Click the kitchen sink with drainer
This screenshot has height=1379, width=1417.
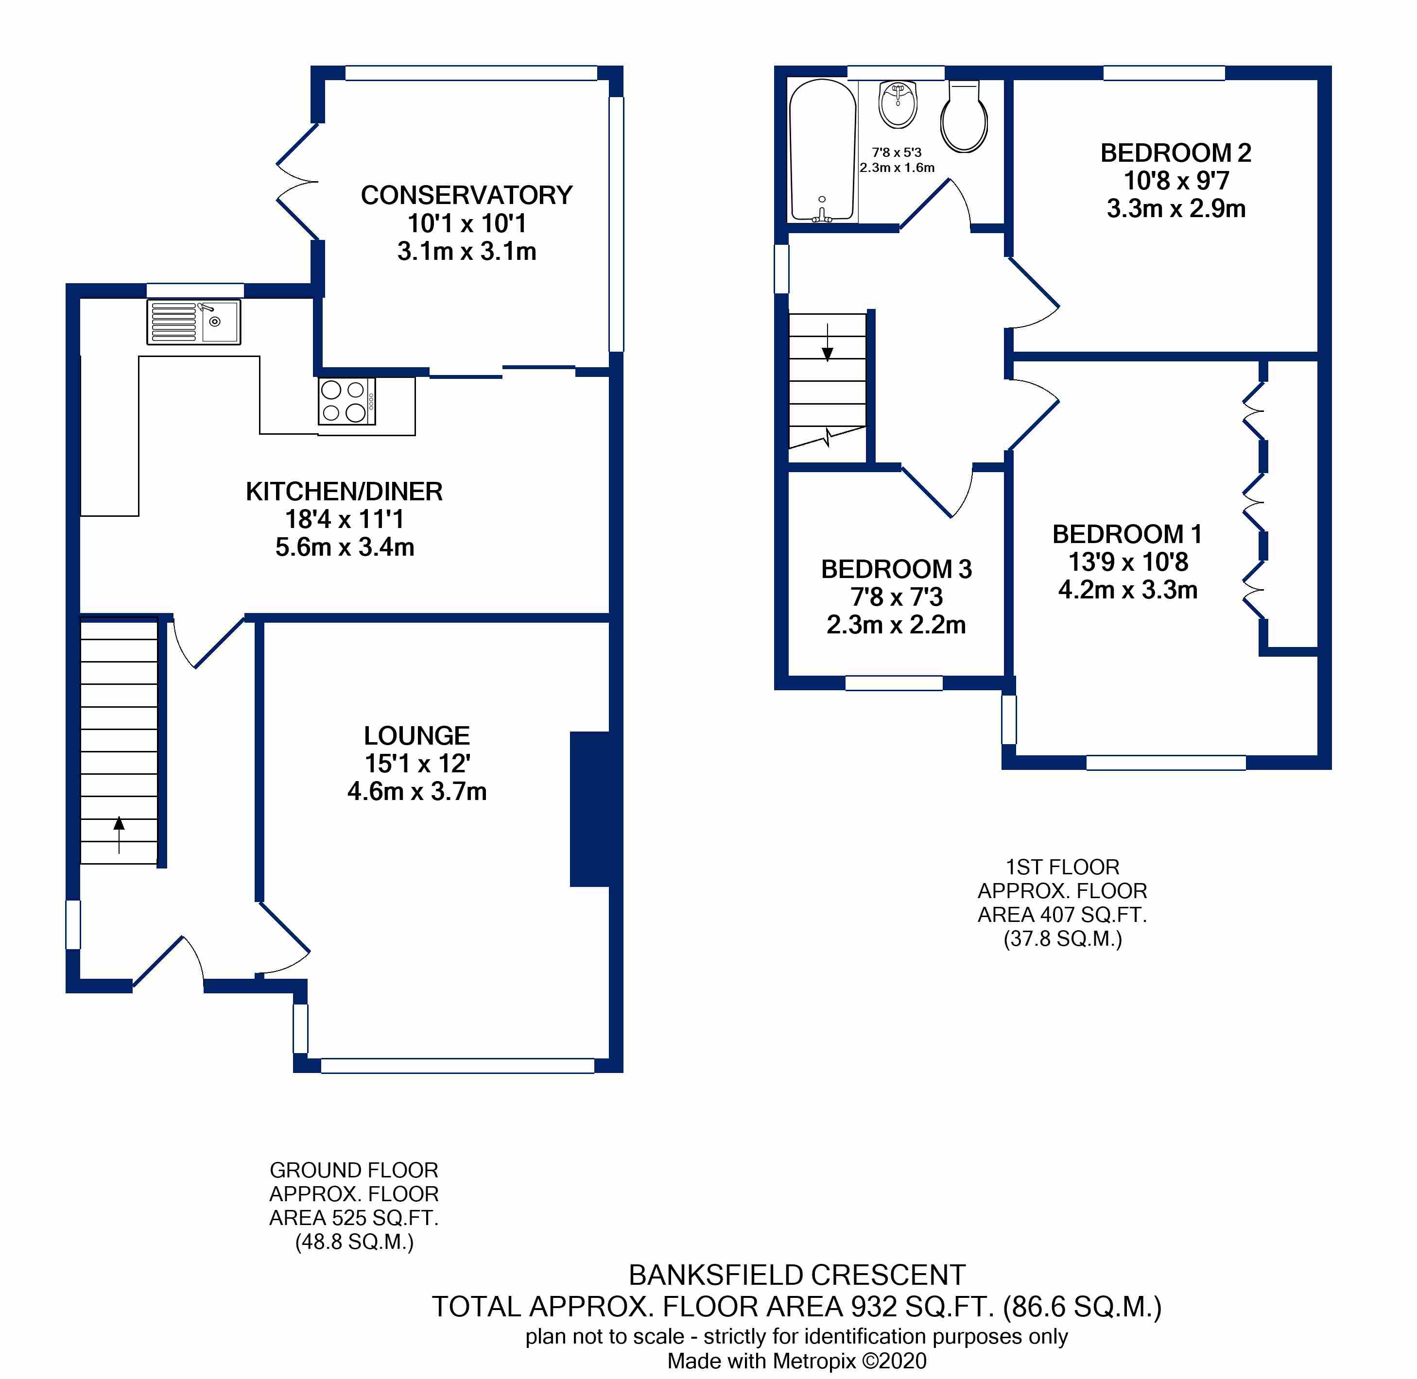[x=193, y=322]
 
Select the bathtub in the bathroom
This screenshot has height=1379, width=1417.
[x=822, y=150]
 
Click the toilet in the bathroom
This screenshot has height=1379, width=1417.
[x=964, y=118]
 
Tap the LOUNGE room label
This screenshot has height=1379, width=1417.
[x=416, y=736]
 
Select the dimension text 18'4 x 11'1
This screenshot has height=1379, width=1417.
[x=344, y=519]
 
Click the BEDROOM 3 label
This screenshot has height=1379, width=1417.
[x=896, y=569]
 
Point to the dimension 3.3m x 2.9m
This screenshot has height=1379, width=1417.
[x=1176, y=208]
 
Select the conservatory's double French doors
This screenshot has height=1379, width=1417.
[x=297, y=182]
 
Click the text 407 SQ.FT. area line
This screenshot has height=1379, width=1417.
[x=1062, y=915]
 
